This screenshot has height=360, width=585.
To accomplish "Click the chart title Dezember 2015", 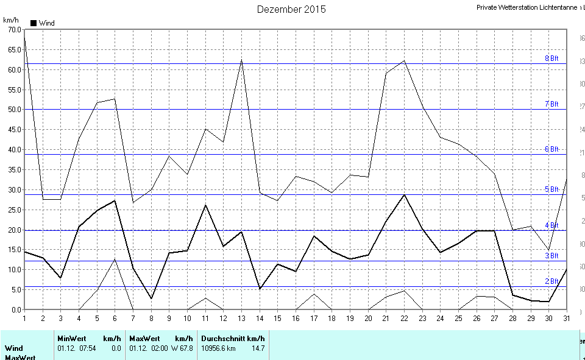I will [291, 9].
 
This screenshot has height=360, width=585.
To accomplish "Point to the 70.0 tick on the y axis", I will [12, 29].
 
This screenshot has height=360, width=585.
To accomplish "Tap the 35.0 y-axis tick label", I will [12, 169].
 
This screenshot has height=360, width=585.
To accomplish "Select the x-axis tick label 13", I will [241, 318].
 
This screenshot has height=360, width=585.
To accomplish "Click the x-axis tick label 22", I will [404, 318].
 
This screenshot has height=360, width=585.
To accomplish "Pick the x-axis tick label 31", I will [567, 318].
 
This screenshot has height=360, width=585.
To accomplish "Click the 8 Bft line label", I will [551, 58].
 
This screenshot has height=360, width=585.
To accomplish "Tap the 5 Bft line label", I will [551, 189].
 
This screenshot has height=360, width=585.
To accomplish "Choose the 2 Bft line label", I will [551, 281].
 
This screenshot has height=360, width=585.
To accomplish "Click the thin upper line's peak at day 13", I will [241, 60].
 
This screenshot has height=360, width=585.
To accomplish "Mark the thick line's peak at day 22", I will [404, 194].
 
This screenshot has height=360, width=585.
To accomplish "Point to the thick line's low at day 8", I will [151, 298].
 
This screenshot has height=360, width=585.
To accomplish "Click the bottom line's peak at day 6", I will [115, 259].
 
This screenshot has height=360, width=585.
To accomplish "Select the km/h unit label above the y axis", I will [11, 20].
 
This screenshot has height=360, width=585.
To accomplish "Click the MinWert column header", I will [72, 339].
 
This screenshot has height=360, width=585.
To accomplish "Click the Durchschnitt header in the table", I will [223, 339].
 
